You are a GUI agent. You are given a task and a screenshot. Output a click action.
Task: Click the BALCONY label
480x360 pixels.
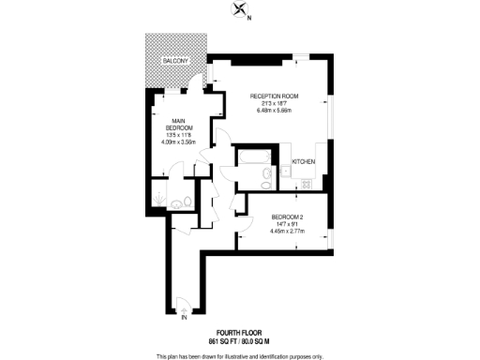(176, 61)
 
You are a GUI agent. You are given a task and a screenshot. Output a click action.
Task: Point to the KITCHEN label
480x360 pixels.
(304, 162)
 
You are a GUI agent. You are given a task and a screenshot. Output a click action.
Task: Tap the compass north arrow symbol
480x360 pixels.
(242, 10)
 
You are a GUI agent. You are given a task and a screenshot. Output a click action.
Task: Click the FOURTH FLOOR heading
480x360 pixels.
(239, 333)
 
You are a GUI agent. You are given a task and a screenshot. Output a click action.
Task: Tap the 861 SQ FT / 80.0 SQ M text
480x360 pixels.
(239, 341)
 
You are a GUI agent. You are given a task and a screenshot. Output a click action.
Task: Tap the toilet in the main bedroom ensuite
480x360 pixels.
(188, 200)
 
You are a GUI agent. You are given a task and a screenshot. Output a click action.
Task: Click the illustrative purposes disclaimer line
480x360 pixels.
(239, 354)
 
